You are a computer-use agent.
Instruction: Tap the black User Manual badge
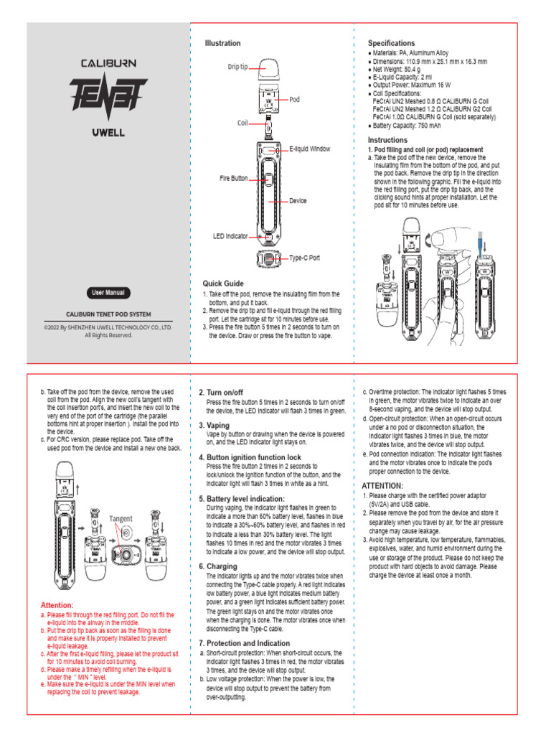108,293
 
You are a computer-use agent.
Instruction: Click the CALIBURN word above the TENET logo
108,63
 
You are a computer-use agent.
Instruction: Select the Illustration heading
223,44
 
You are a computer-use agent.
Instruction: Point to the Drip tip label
237,67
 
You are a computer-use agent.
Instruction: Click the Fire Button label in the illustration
234,177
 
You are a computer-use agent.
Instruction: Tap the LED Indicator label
230,235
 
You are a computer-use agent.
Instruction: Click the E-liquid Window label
310,149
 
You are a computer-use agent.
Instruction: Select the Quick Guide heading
223,284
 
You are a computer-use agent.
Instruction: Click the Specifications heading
391,44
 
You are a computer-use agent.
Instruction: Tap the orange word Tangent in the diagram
121,518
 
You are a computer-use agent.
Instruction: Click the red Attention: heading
57,605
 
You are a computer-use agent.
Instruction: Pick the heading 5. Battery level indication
241,498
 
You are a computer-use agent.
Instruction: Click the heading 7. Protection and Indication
244,643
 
